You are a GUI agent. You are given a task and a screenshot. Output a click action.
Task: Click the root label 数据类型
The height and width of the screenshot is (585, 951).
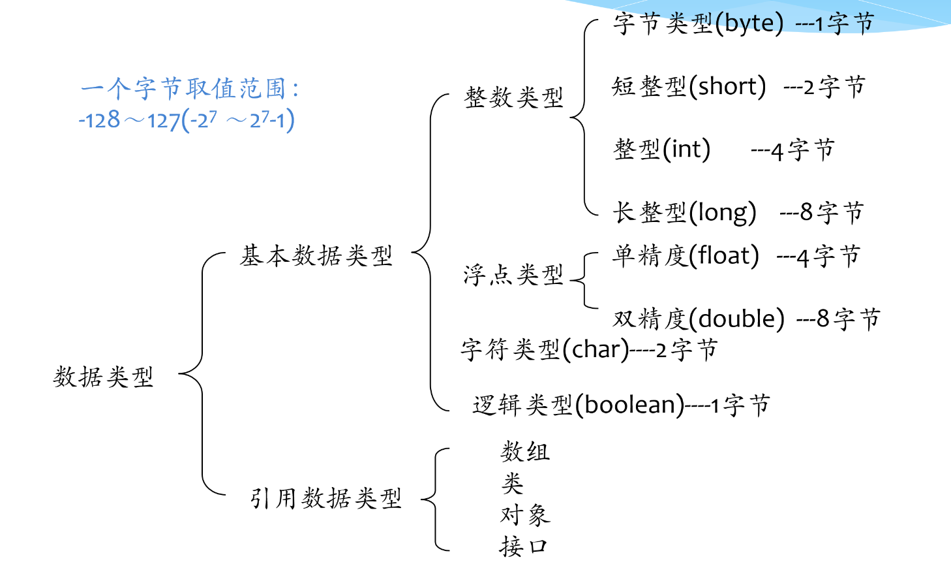[103, 377]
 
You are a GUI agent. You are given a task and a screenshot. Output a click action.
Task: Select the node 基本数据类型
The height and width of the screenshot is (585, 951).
[316, 255]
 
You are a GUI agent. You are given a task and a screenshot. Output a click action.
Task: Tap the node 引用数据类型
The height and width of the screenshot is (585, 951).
[325, 498]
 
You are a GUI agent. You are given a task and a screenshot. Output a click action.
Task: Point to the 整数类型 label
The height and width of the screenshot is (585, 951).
[513, 98]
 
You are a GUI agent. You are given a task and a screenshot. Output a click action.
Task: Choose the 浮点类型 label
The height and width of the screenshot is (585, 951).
[513, 275]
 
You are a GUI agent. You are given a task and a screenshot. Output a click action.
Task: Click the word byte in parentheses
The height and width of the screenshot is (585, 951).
[749, 24]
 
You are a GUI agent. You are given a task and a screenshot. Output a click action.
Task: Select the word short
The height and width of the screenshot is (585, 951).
[727, 86]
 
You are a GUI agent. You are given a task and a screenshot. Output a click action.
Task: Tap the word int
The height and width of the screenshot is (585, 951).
[686, 149]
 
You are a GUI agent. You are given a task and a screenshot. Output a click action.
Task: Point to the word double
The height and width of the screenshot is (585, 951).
[737, 319]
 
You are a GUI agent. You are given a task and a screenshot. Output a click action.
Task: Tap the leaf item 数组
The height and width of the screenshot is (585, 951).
[525, 451]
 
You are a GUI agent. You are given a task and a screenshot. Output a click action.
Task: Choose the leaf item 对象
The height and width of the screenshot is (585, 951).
[525, 515]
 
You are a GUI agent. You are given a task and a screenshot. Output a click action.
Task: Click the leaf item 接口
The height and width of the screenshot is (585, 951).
[524, 546]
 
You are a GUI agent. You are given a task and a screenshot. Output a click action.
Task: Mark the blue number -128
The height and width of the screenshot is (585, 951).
[99, 120]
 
